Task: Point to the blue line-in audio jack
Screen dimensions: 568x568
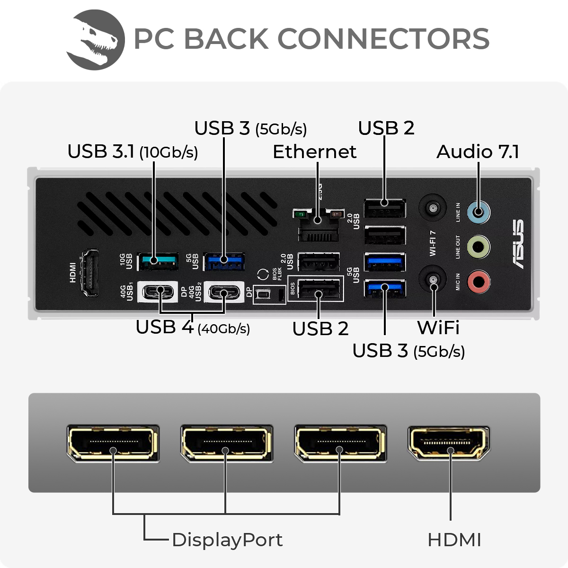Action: pos(479,212)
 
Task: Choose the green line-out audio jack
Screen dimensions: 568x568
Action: pos(479,247)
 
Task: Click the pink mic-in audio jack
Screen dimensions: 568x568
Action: pos(479,282)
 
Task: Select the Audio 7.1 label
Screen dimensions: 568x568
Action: pos(478,152)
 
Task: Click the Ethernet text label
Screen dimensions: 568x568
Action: pos(314,152)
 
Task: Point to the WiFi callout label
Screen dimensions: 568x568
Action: pos(438,328)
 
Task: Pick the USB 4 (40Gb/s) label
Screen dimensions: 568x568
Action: pos(193,328)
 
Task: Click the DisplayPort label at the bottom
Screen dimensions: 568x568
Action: pos(227,540)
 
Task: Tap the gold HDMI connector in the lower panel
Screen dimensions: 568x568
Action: pos(449,444)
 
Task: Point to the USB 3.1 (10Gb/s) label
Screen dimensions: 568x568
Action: pos(133,152)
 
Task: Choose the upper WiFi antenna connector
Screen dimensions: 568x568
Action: pos(433,208)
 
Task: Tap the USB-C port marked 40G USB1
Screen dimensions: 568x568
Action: pos(158,292)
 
